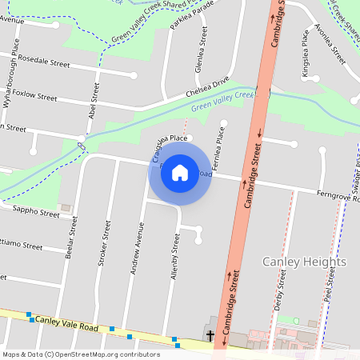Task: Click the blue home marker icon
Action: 180,173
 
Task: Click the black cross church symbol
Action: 211,335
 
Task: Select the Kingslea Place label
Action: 305,54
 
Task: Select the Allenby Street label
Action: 173,257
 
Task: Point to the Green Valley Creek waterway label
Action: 227,100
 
